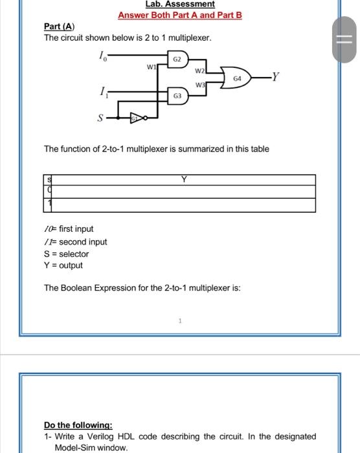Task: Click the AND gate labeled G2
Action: (x=177, y=59)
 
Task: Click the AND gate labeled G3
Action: (x=177, y=96)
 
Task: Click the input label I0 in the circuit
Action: (x=102, y=58)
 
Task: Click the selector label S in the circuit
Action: (x=100, y=118)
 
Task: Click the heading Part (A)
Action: (x=59, y=26)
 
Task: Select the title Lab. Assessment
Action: (x=179, y=4)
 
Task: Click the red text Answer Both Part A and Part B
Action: (x=179, y=14)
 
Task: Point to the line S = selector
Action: (x=66, y=254)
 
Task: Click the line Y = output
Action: (x=63, y=265)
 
